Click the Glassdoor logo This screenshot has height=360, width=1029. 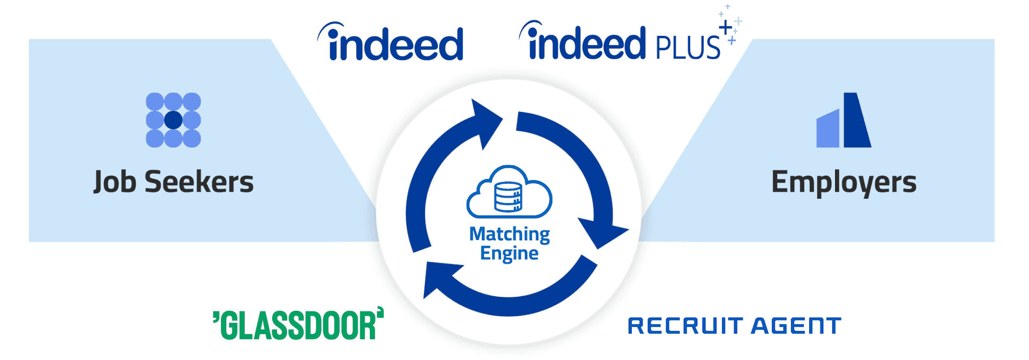pos(299,325)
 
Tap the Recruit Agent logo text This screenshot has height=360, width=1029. pos(734,326)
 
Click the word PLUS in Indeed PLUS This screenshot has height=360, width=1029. pos(688,47)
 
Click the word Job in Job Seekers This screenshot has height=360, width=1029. pos(115,182)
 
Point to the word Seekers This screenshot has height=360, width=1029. pos(199,182)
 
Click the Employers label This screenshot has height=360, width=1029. pos(844,182)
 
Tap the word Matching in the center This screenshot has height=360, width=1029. pos(509,234)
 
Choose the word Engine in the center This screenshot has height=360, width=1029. pos(509,253)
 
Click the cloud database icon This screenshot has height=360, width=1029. pos(509,193)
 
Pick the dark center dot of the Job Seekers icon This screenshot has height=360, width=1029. pos(173,120)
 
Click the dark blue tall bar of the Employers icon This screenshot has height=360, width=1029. pos(856,120)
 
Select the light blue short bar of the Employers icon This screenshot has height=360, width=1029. pos(827,129)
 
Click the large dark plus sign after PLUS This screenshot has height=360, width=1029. pos(726,27)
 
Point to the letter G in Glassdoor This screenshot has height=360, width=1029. pos(229,326)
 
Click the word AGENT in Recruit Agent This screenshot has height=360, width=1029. pos(796,326)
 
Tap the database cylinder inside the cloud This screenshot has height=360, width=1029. pos(508,197)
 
